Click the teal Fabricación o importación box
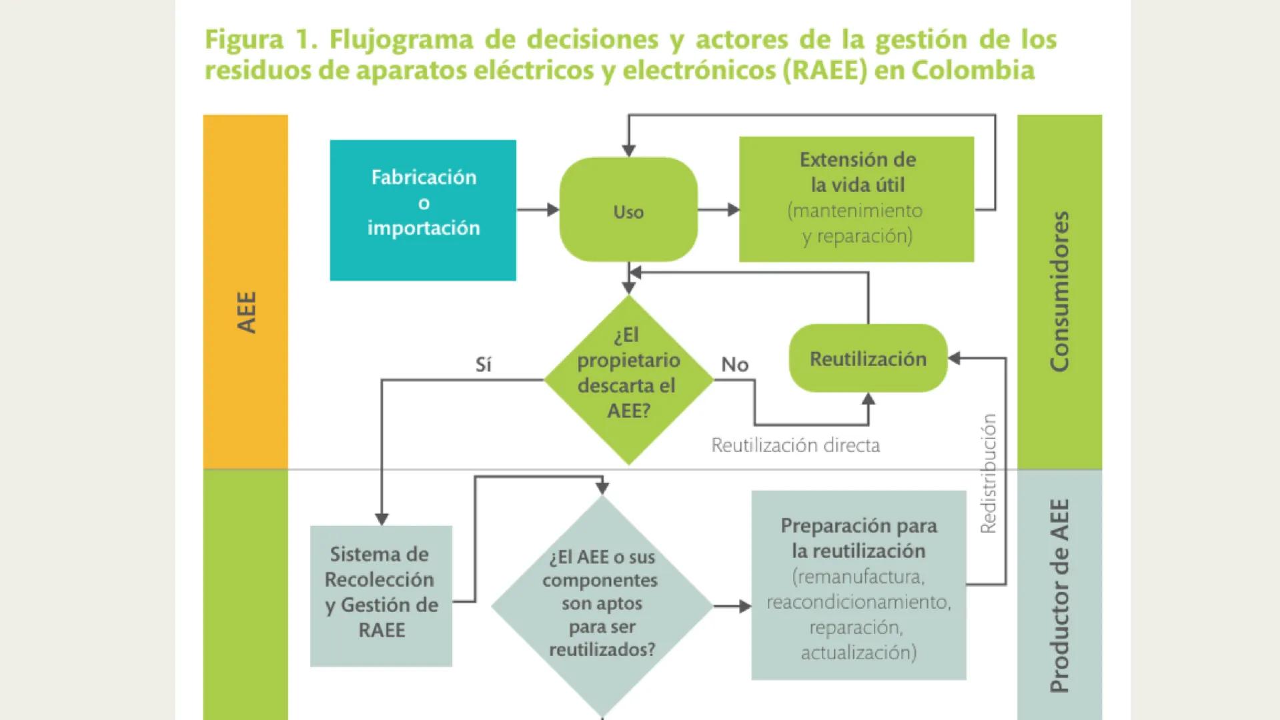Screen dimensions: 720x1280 [x=423, y=209]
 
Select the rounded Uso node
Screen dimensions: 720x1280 [x=628, y=210]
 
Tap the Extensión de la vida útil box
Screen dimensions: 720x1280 [x=856, y=199]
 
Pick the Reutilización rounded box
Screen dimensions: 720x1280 [x=868, y=359]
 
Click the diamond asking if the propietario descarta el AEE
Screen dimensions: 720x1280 [x=628, y=379]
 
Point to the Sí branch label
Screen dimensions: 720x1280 [x=483, y=365]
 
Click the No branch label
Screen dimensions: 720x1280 [x=734, y=365]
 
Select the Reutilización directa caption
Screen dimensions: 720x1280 [x=795, y=445]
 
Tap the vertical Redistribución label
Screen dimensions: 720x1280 [x=989, y=473]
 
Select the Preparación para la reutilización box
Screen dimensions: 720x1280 [x=858, y=585]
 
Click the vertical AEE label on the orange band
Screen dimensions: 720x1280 [x=246, y=312]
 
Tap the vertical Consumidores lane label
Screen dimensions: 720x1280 [x=1059, y=291]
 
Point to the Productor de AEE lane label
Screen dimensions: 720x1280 [x=1059, y=595]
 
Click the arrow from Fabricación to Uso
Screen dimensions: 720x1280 [x=538, y=210]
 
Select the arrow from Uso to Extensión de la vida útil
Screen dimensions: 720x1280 [x=718, y=210]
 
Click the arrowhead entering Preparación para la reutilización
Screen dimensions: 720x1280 [x=744, y=607]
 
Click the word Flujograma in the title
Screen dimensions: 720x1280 [x=401, y=39]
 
